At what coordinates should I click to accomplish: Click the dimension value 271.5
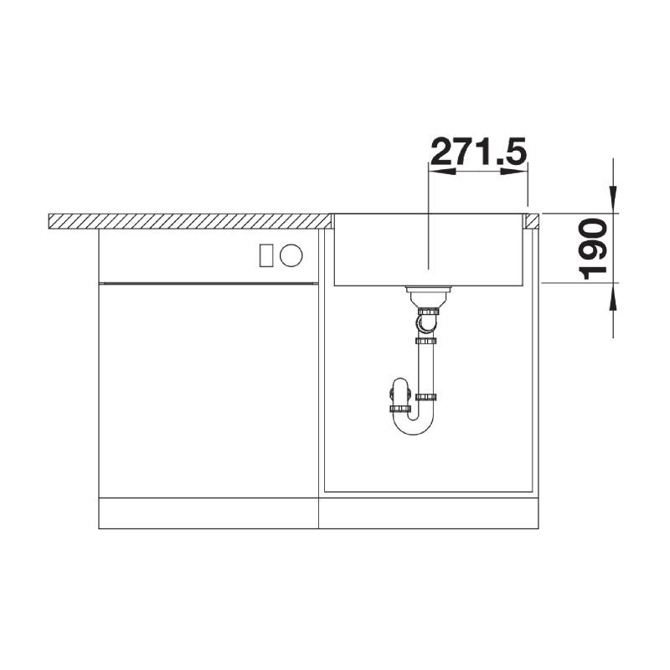point(478,152)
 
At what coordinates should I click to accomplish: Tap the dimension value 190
point(593,249)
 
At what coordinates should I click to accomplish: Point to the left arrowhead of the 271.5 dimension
point(442,172)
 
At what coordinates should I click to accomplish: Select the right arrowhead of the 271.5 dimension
point(514,172)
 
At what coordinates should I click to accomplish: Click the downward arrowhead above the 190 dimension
point(614,199)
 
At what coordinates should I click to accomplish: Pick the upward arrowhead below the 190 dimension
point(614,296)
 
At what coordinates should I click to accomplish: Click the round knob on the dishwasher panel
point(291,255)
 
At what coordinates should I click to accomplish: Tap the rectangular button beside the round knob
point(266,255)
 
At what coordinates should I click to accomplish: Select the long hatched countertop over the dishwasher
point(190,221)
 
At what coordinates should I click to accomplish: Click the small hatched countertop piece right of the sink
point(533,220)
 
